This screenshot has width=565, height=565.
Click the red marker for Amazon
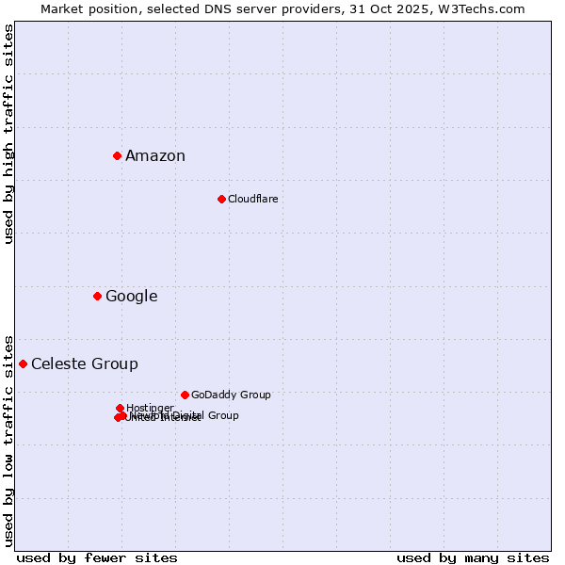point(117,155)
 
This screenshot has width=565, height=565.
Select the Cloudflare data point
point(221,199)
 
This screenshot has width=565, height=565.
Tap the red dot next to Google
point(97,296)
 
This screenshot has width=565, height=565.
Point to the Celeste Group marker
point(23,363)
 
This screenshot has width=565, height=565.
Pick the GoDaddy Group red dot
point(185,395)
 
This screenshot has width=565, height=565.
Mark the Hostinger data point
point(120,408)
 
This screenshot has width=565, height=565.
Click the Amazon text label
point(155,156)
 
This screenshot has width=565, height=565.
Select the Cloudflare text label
point(253,199)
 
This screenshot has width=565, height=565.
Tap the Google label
point(132,297)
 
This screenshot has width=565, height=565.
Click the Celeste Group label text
point(85,364)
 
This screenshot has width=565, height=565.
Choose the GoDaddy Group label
point(231,395)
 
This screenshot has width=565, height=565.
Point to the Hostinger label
point(150,408)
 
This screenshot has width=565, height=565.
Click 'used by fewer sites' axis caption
point(97,557)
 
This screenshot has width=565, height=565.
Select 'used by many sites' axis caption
point(473,557)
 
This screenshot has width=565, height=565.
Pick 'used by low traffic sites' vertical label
point(9,440)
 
